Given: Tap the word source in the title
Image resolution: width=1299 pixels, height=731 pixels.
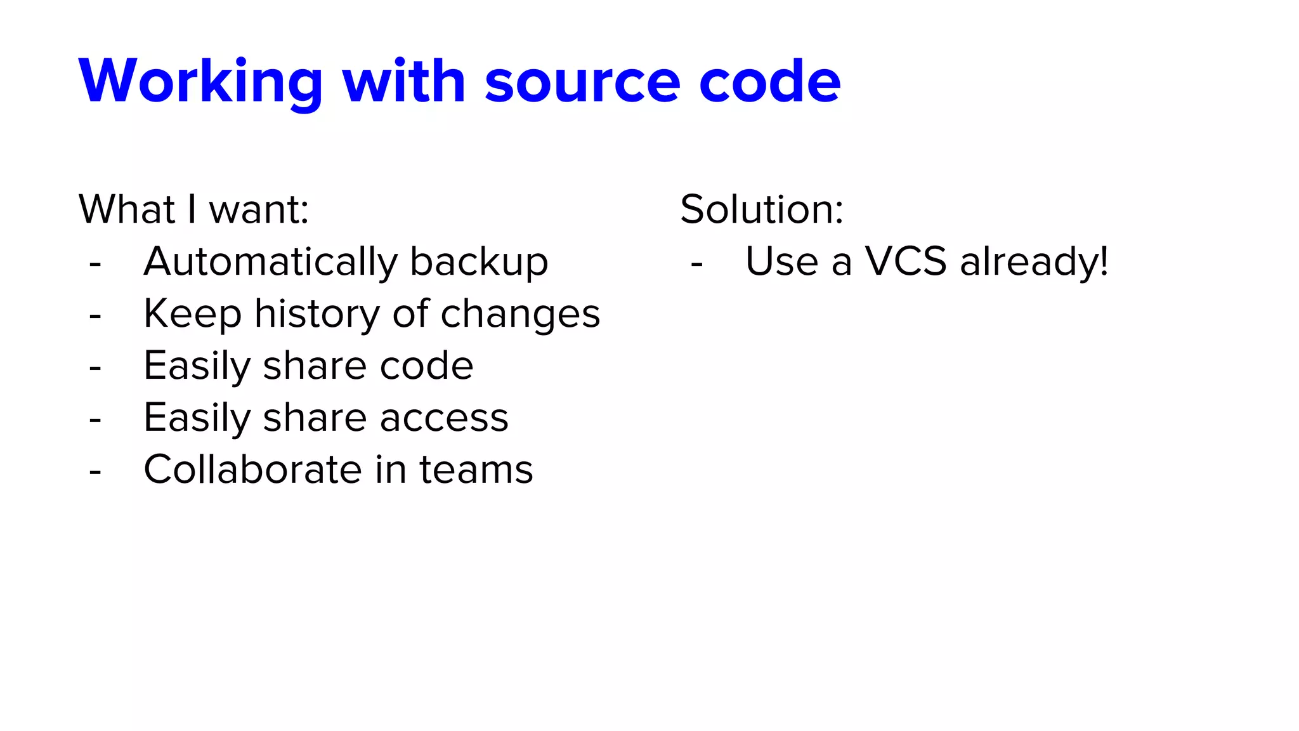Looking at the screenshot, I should [x=582, y=82].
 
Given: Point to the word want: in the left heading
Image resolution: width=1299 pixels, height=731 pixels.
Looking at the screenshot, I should [x=259, y=209].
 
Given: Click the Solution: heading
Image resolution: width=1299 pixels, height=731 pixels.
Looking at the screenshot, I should [x=762, y=209].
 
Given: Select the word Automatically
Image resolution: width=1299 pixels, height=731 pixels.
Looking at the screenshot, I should [x=271, y=263].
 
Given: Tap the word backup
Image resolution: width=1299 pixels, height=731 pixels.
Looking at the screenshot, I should [x=479, y=263].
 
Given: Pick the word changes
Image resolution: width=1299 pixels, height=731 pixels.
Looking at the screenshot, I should [x=520, y=315].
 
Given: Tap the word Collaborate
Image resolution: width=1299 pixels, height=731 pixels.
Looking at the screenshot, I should [x=252, y=470].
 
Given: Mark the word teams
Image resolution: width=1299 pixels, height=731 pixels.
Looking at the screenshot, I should [x=476, y=470].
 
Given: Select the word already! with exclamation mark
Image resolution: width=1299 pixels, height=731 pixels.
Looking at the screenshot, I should [x=1034, y=263].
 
